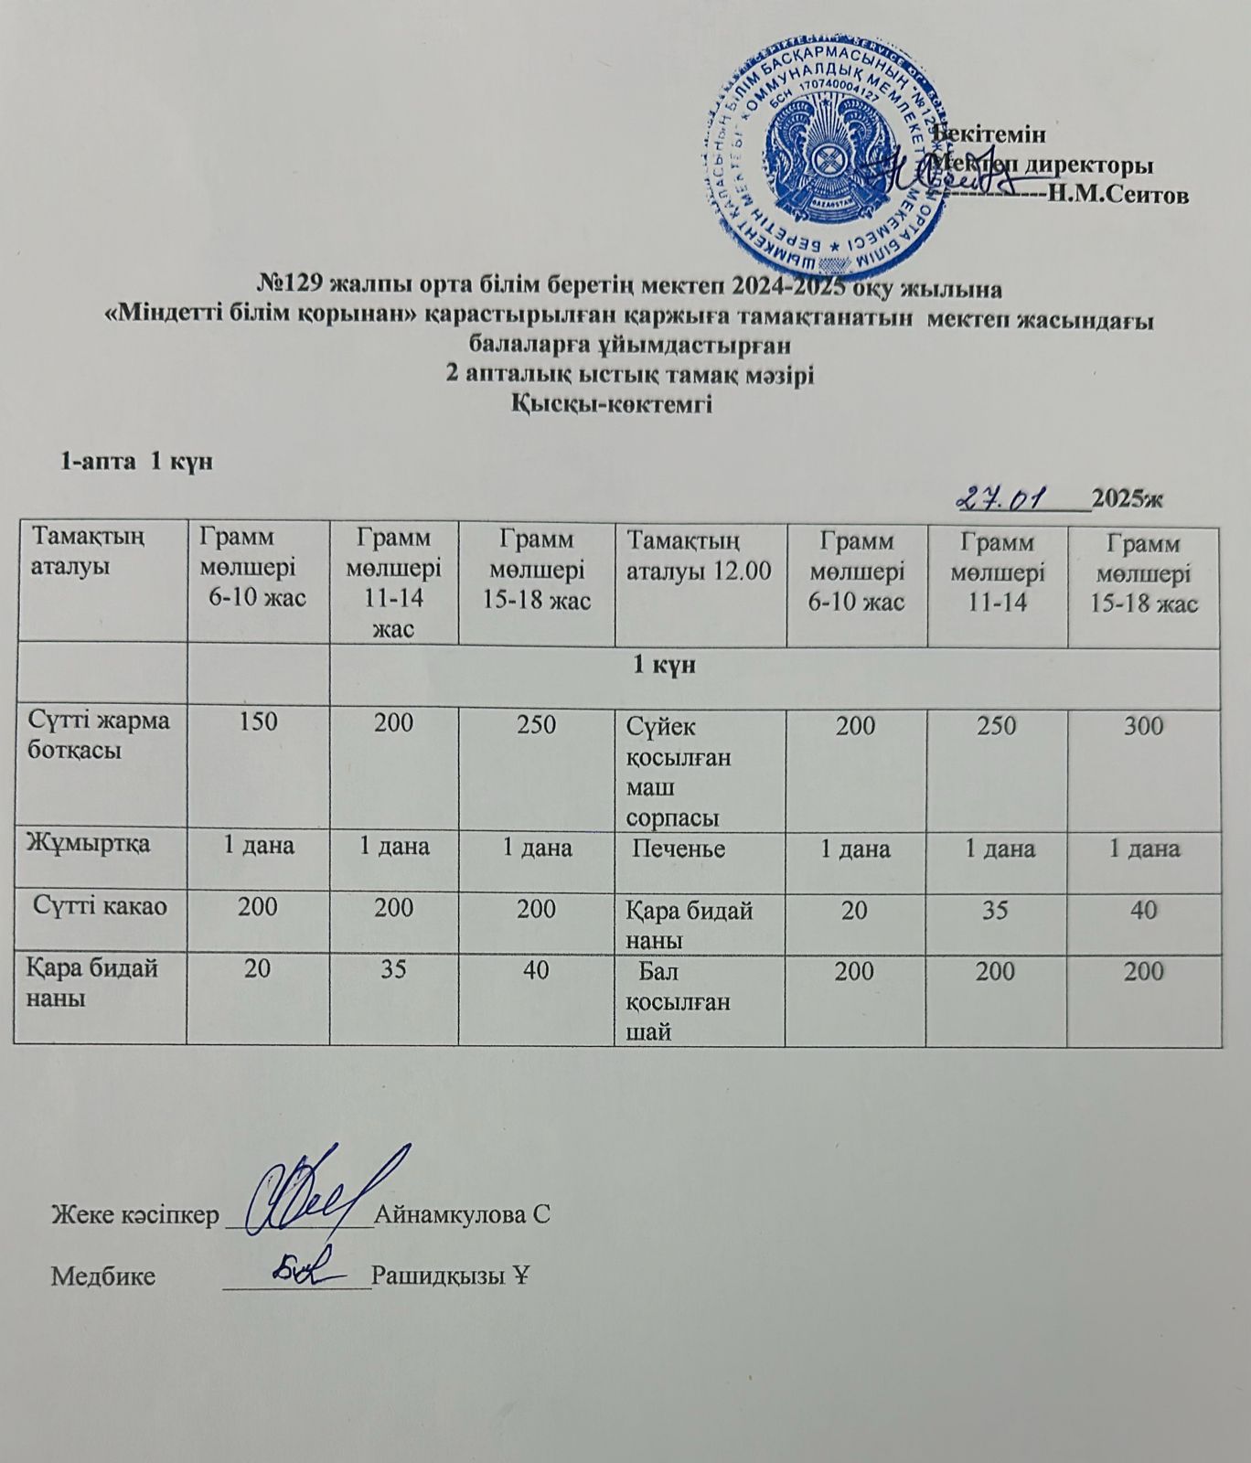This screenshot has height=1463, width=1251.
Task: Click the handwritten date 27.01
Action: tap(1016, 497)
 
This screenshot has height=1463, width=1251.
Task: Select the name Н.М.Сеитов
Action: tap(1118, 195)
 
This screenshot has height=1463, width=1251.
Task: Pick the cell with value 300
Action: tap(1145, 727)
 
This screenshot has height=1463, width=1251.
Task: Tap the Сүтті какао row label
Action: tap(101, 907)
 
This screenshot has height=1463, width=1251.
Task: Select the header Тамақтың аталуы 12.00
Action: tap(698, 556)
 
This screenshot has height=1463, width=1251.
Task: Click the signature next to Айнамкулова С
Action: tap(311, 1190)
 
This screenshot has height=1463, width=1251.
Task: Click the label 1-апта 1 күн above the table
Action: tap(136, 461)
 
